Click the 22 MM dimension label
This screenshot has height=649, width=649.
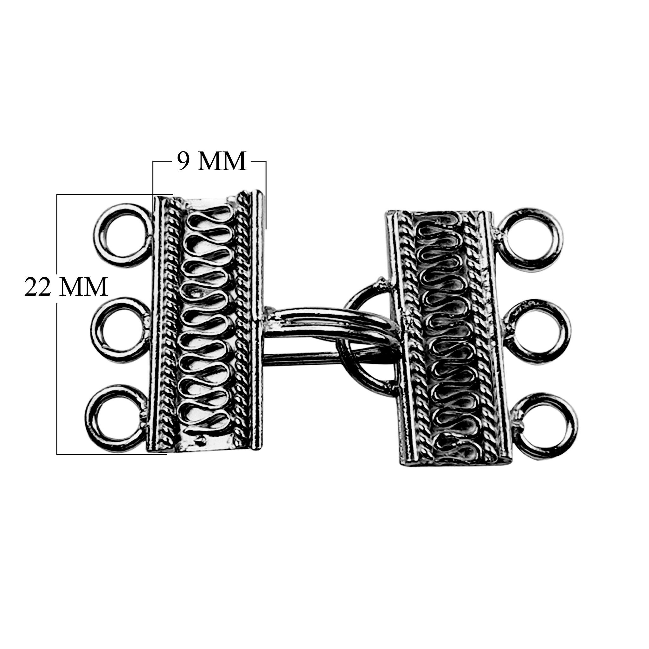point(66,286)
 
